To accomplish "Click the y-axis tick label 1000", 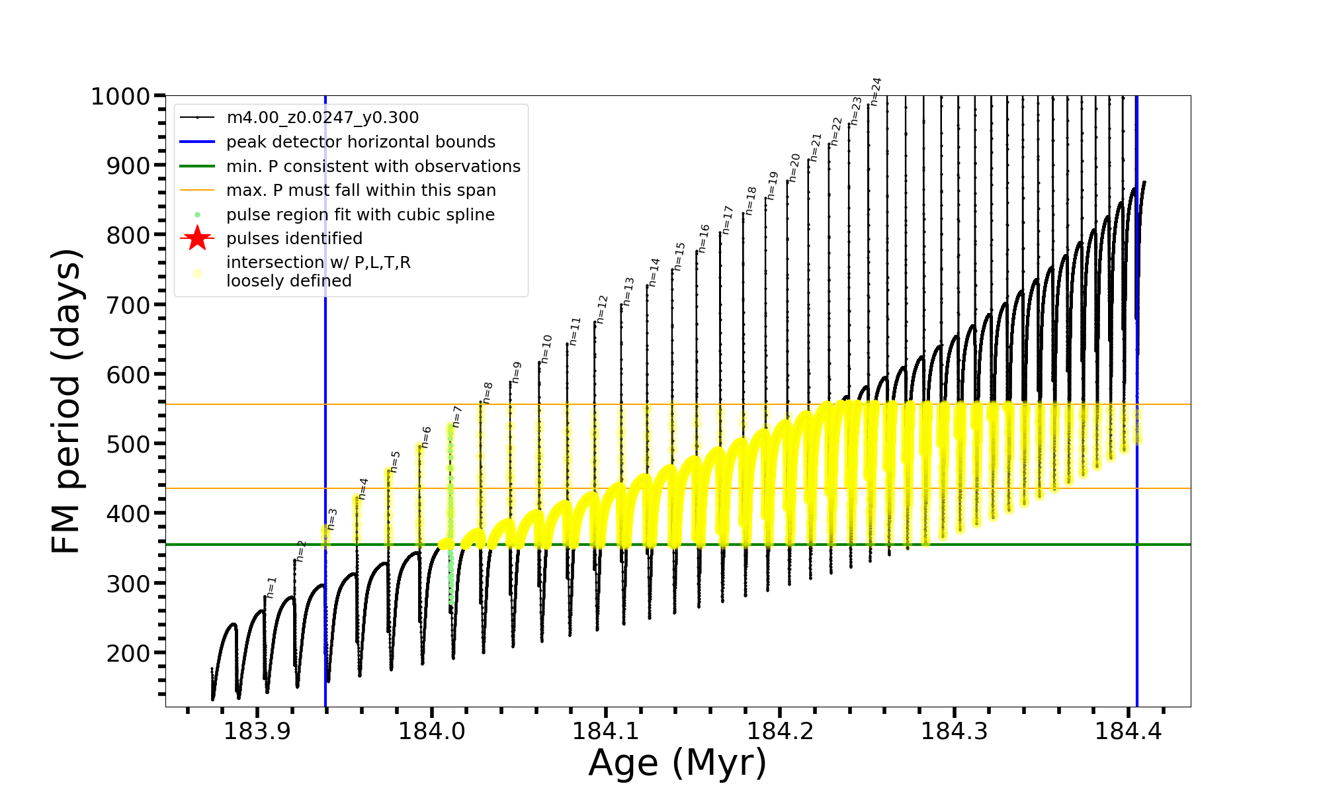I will (x=120, y=97).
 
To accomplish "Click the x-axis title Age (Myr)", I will (x=677, y=763).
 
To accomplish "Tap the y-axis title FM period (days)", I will (x=67, y=401).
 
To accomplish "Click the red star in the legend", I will (x=197, y=238).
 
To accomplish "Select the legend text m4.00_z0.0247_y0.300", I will (x=322, y=118).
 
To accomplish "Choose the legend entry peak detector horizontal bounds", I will (x=361, y=142).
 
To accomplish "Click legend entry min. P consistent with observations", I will (x=373, y=166).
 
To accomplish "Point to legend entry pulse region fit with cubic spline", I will (x=360, y=214).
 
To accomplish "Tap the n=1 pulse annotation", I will (x=271, y=588).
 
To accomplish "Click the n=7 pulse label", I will (x=457, y=417).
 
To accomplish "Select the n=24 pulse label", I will (x=875, y=92).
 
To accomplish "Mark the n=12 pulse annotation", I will (x=601, y=310).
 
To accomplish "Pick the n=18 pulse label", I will (x=751, y=200).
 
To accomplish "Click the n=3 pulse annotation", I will (x=332, y=519).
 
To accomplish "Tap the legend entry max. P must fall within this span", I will (x=361, y=191).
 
